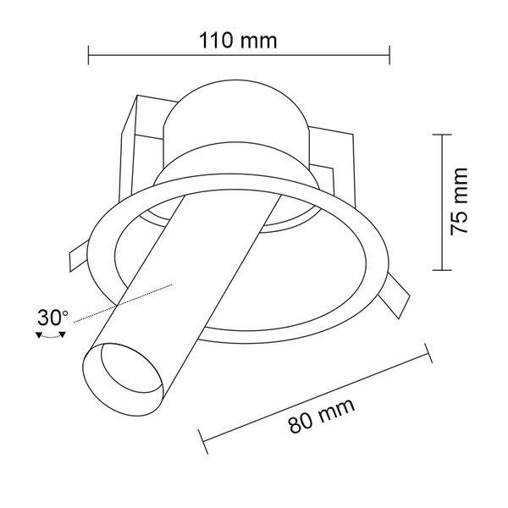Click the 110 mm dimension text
(x=238, y=40)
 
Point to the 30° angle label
(x=52, y=317)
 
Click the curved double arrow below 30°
(x=52, y=336)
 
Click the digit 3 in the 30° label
(x=43, y=318)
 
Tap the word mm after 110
(x=260, y=40)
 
